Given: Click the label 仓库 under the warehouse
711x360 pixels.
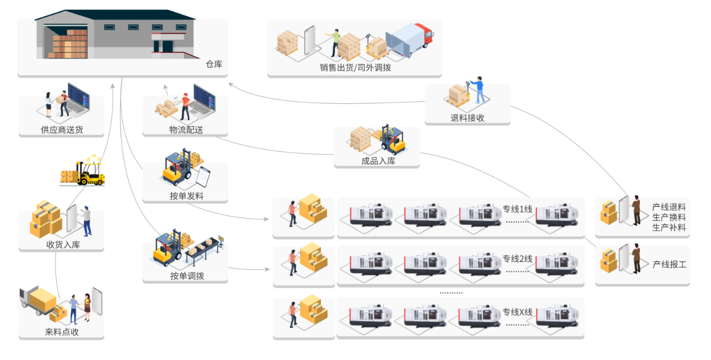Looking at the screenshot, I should [x=214, y=64].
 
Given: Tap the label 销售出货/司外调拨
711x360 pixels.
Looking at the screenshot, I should [x=355, y=68].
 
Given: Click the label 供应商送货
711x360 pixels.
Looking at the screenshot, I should [x=61, y=130].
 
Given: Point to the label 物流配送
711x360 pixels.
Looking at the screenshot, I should [x=186, y=130].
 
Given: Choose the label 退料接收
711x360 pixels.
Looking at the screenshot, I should [x=467, y=118].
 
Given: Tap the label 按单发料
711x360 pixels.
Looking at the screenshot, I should [x=186, y=196].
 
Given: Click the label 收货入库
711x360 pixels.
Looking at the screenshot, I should [x=63, y=244].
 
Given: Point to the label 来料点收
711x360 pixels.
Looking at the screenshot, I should [x=62, y=332].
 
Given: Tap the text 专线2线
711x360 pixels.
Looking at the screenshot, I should [x=516, y=259].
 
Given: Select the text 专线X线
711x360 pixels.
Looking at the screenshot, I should [x=516, y=312].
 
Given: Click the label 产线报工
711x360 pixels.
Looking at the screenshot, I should [x=669, y=264].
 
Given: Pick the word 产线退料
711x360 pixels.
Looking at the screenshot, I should [x=669, y=206].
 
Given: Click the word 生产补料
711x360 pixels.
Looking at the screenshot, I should [x=669, y=228].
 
